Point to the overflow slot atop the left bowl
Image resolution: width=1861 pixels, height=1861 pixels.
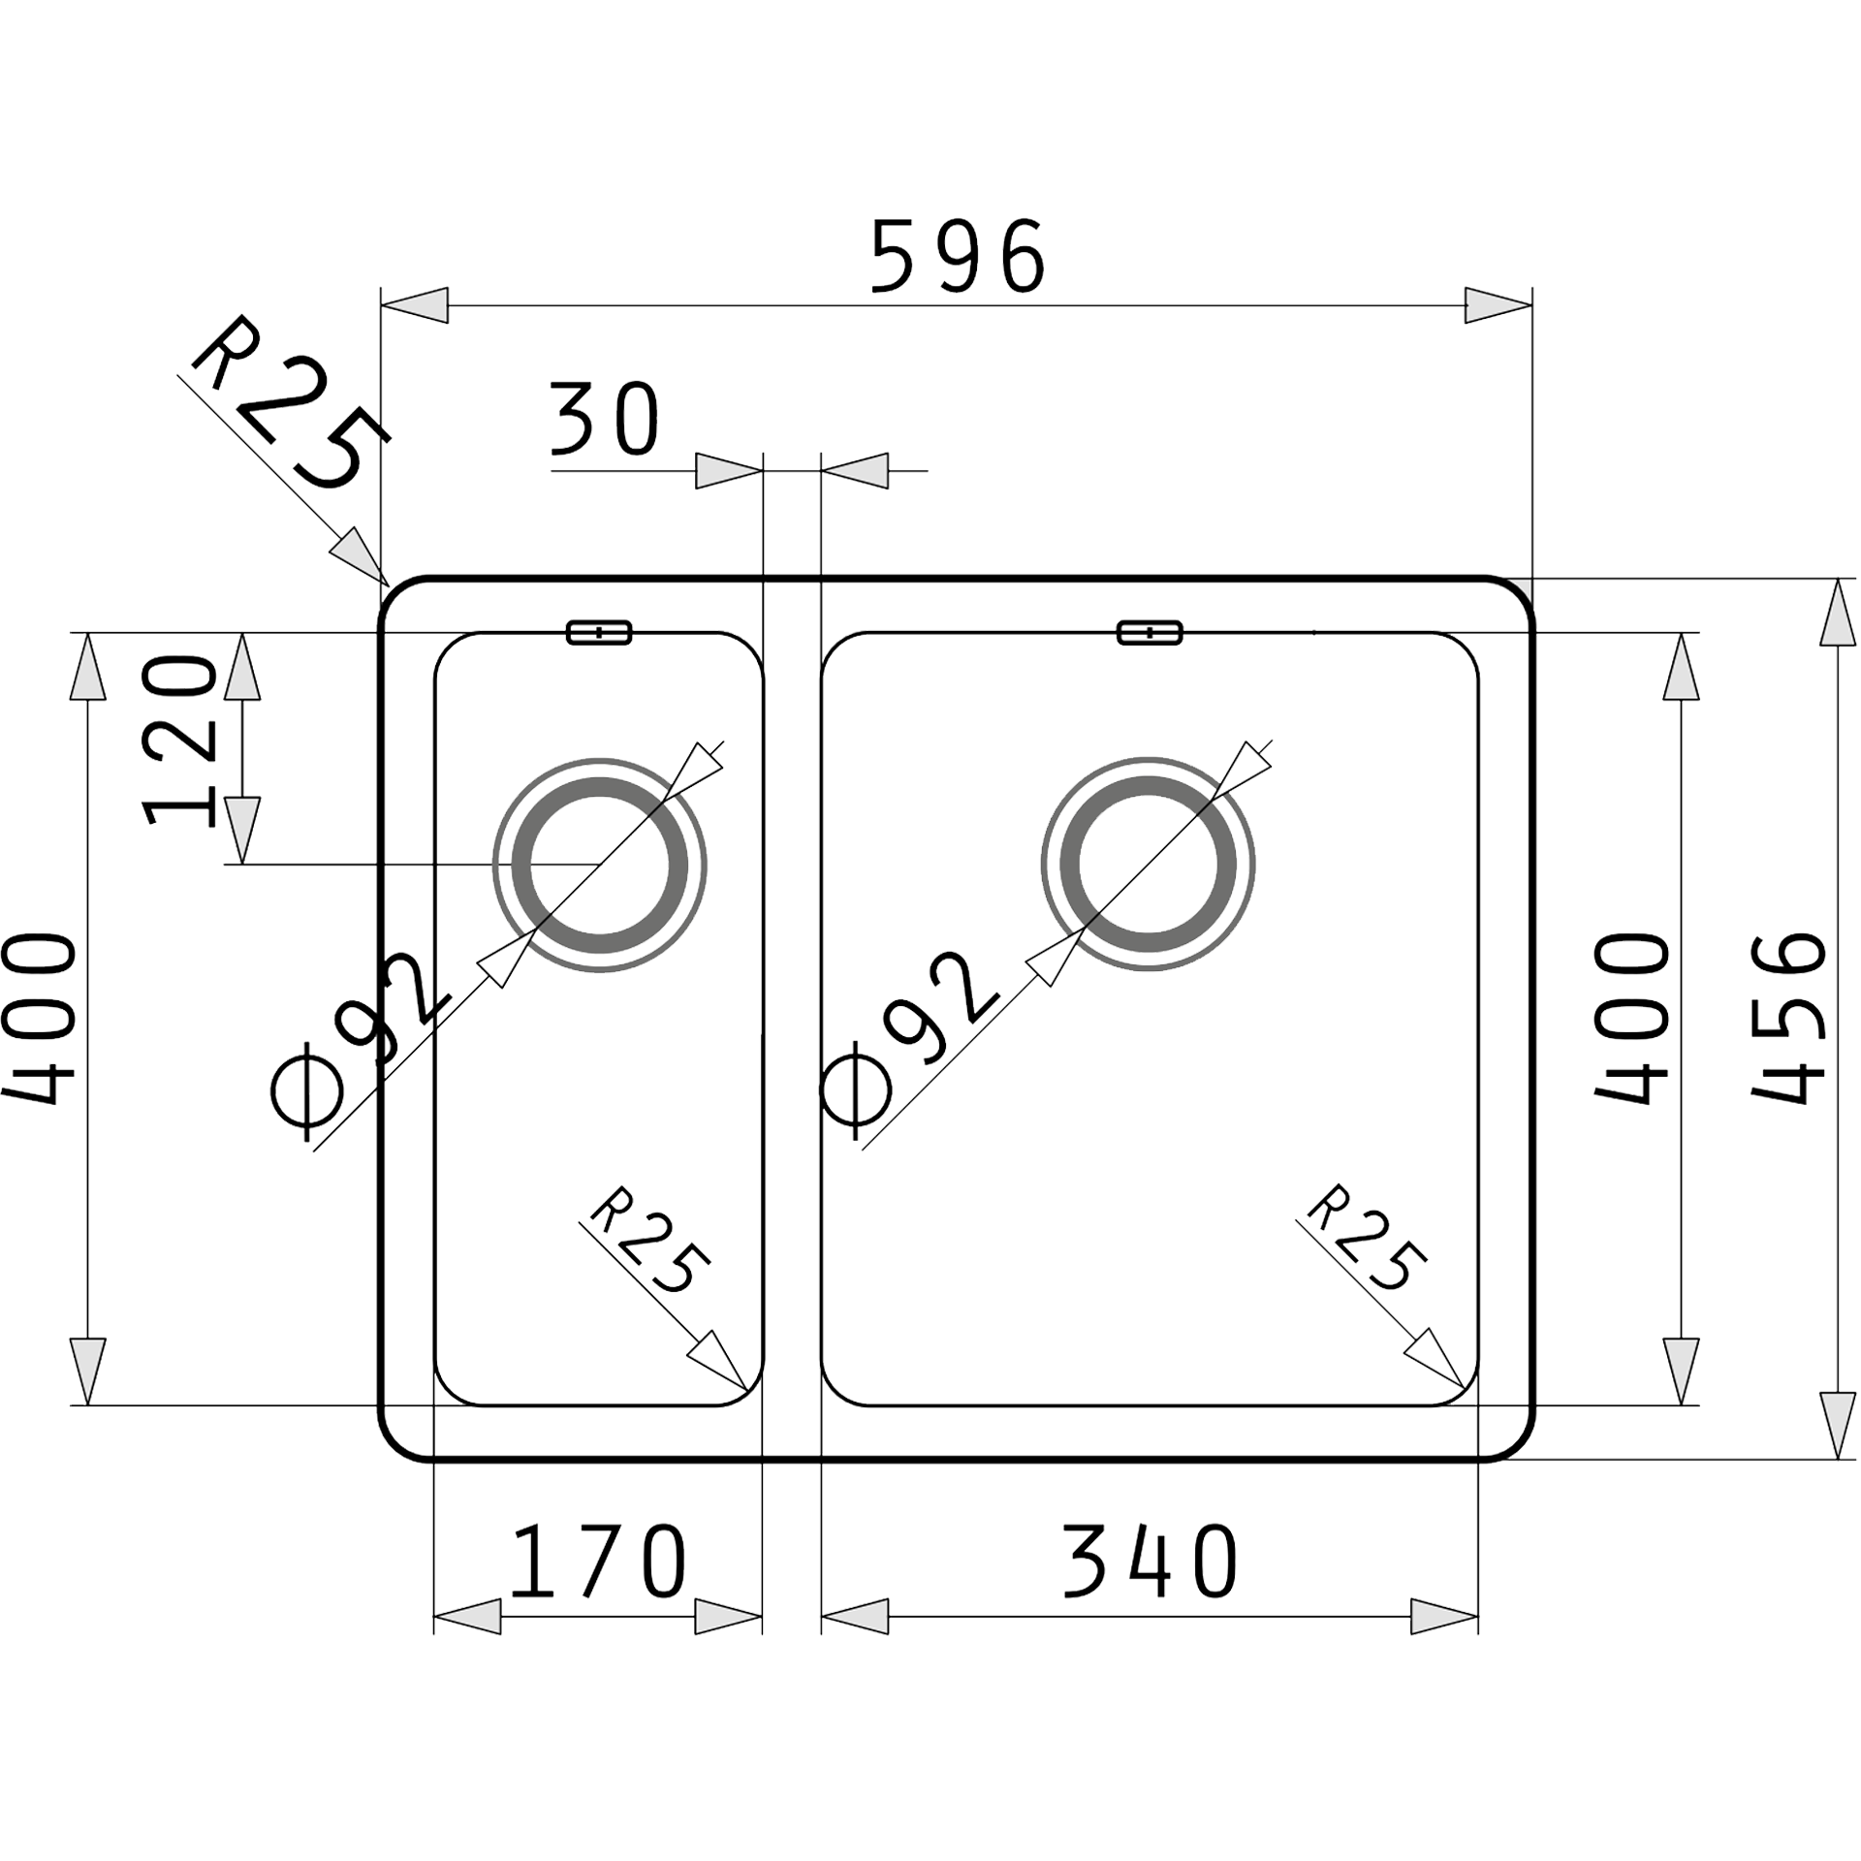click(599, 633)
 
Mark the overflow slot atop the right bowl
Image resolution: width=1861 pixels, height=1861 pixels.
click(1150, 633)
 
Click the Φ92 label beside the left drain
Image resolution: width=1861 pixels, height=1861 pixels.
click(363, 1037)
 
